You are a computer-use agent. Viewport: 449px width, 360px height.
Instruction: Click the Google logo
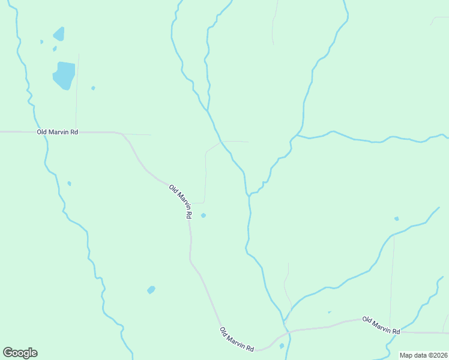click(x=20, y=353)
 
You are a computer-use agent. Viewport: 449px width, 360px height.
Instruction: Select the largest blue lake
click(x=64, y=75)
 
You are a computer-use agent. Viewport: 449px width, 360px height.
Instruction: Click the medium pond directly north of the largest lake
click(x=59, y=34)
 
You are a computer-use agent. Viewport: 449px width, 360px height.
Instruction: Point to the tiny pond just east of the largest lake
click(x=93, y=88)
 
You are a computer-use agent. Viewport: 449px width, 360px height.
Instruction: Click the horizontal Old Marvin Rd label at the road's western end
click(x=58, y=131)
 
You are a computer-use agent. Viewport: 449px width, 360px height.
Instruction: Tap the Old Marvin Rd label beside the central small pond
click(x=181, y=201)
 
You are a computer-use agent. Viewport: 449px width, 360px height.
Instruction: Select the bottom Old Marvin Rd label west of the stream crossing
click(x=237, y=340)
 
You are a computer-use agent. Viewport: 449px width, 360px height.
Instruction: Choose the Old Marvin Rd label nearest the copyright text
click(x=381, y=326)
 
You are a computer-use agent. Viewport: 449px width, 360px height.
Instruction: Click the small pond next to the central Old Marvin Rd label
click(x=203, y=215)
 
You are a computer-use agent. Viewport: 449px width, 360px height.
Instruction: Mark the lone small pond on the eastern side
click(x=396, y=218)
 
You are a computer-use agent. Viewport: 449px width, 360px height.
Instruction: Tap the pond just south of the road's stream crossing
click(x=282, y=346)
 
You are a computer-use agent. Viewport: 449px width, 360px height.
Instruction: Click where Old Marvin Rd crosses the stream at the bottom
click(x=288, y=331)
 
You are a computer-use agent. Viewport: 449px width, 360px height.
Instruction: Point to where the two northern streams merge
click(x=208, y=110)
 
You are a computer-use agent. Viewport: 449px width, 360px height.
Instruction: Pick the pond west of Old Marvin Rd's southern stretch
click(x=151, y=290)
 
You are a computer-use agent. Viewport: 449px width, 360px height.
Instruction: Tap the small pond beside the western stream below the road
click(x=70, y=184)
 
